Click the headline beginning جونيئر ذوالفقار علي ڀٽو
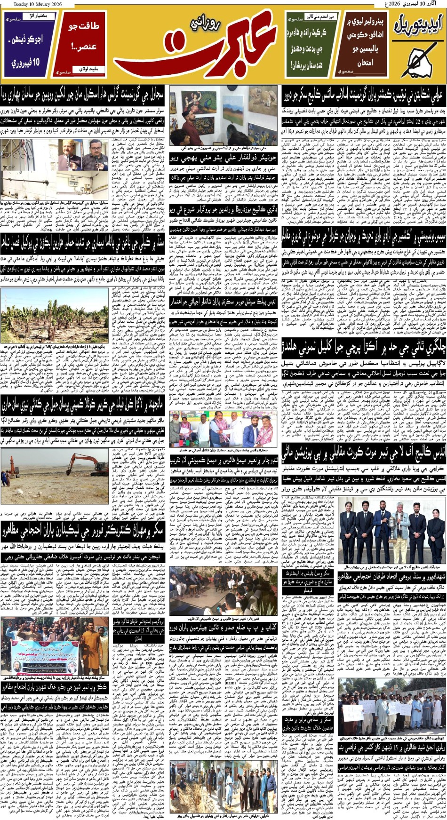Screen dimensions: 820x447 (x=223, y=158)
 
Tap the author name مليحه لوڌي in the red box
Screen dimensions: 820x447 (x=87, y=69)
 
